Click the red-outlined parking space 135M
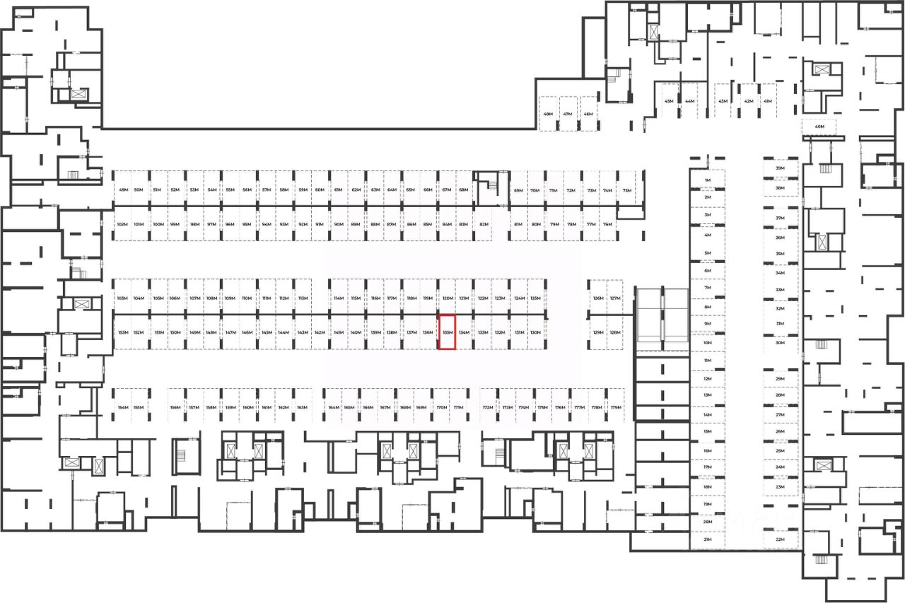pos(447,332)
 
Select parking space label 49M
pos(124,190)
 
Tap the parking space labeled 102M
pos(122,224)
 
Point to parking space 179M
pos(616,408)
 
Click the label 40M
pos(819,127)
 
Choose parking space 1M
pos(707,181)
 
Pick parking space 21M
pos(707,539)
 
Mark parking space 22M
pos(781,539)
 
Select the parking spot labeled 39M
pos(781,169)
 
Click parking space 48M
pos(548,114)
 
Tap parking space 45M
pos(669,101)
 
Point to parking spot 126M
pos(598,298)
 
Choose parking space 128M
pos(615,332)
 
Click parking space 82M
pos(484,224)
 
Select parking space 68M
pos(464,190)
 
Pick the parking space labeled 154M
pos(123,408)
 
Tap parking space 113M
pos(303,298)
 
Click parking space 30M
pos(781,343)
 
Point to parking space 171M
pos(458,408)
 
